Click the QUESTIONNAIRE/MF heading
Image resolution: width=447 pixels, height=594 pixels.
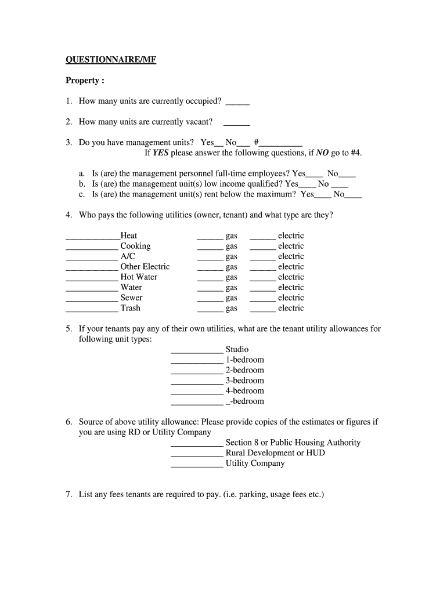pyautogui.click(x=110, y=60)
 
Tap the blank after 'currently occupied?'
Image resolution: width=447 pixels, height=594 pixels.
pyautogui.click(x=237, y=103)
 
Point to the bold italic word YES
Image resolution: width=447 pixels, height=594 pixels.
pyautogui.click(x=160, y=153)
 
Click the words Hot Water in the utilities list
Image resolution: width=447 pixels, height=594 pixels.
pyautogui.click(x=139, y=277)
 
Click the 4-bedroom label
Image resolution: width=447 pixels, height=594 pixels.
pyautogui.click(x=244, y=391)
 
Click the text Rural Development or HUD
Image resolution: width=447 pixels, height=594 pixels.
pyautogui.click(x=275, y=453)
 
